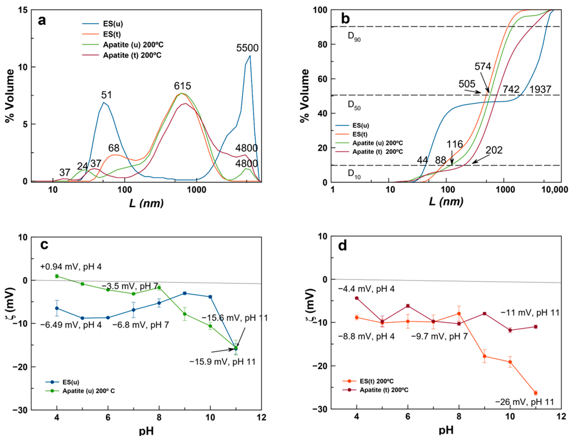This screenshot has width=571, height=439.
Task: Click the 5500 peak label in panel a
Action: (247, 48)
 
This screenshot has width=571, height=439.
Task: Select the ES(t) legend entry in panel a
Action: (112, 34)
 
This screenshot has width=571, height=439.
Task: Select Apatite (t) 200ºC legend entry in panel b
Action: (377, 152)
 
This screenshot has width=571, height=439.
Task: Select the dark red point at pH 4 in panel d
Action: (356, 298)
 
